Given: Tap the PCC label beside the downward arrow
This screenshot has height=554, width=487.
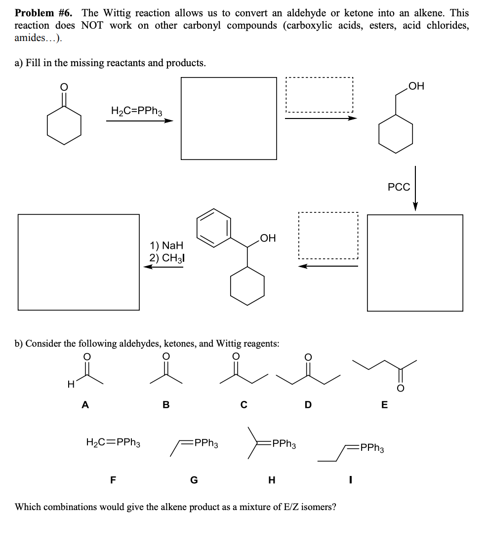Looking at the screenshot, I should point(399,187).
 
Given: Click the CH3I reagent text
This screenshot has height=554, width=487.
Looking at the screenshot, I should point(170,258).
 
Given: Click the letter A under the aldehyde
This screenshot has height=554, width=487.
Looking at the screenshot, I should point(85,405).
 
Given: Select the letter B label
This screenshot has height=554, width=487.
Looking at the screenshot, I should point(166,405).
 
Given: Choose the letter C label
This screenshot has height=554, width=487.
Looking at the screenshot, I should point(243,405).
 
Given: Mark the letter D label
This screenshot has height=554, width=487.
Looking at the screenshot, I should point(308,405).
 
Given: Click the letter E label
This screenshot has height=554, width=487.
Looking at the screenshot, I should point(385,405).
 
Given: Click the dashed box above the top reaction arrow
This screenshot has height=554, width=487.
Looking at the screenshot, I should point(320,94).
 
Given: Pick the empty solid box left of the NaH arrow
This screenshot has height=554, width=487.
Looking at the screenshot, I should point(79,262).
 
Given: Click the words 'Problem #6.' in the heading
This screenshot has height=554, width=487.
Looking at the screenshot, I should point(45,13).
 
